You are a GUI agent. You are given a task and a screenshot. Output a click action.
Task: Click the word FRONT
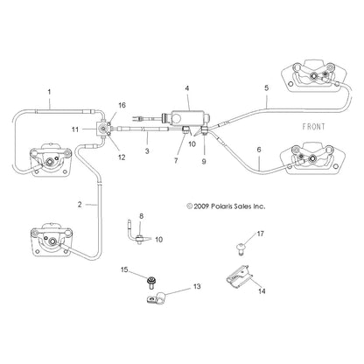[x=313, y=127]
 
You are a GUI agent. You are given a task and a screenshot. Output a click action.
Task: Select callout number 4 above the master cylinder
[x=187, y=88]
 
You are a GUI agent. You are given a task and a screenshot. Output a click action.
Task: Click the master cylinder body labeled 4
[x=187, y=117]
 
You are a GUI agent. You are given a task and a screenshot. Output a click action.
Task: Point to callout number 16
[x=122, y=105]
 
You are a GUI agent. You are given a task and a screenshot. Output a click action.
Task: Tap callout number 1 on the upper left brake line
[x=49, y=92]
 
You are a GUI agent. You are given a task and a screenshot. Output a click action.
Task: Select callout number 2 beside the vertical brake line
[x=80, y=205]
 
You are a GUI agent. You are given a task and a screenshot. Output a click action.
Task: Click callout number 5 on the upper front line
[x=267, y=88]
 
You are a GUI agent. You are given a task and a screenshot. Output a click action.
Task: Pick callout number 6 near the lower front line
[x=259, y=150]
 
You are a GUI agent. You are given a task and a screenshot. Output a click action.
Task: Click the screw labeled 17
[x=241, y=248]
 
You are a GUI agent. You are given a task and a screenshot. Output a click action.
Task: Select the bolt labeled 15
[x=151, y=282]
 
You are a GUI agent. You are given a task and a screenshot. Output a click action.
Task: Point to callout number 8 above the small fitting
[x=141, y=216]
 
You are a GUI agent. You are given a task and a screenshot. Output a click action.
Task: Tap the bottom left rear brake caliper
[x=52, y=240]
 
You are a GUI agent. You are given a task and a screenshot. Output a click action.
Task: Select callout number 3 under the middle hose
[x=147, y=151]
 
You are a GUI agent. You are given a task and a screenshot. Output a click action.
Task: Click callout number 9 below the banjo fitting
[x=204, y=161]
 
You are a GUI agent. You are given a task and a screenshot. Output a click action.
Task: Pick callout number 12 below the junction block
[x=122, y=157]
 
